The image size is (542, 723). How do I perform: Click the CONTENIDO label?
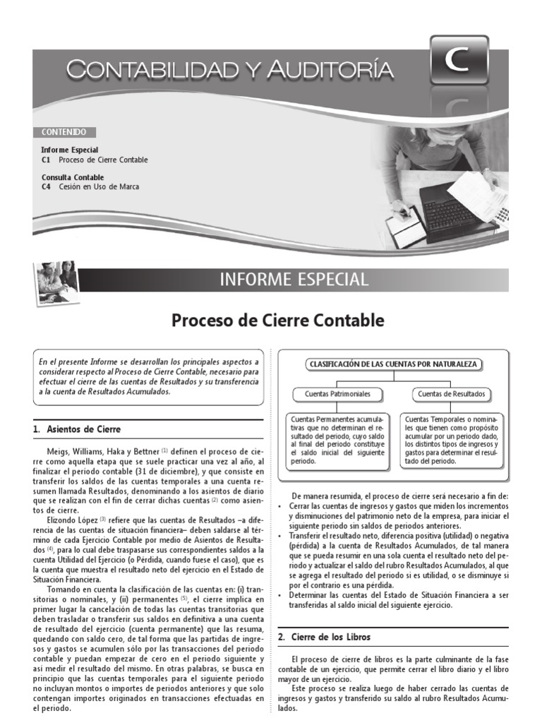pyautogui.click(x=64, y=132)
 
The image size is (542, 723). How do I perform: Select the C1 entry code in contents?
pyautogui.click(x=46, y=160)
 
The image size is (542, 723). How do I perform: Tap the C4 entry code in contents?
pyautogui.click(x=46, y=187)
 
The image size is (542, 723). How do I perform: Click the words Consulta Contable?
pyautogui.click(x=73, y=177)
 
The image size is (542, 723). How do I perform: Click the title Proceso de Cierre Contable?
pyautogui.click(x=278, y=321)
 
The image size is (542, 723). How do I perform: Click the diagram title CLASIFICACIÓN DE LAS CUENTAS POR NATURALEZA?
pyautogui.click(x=394, y=364)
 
